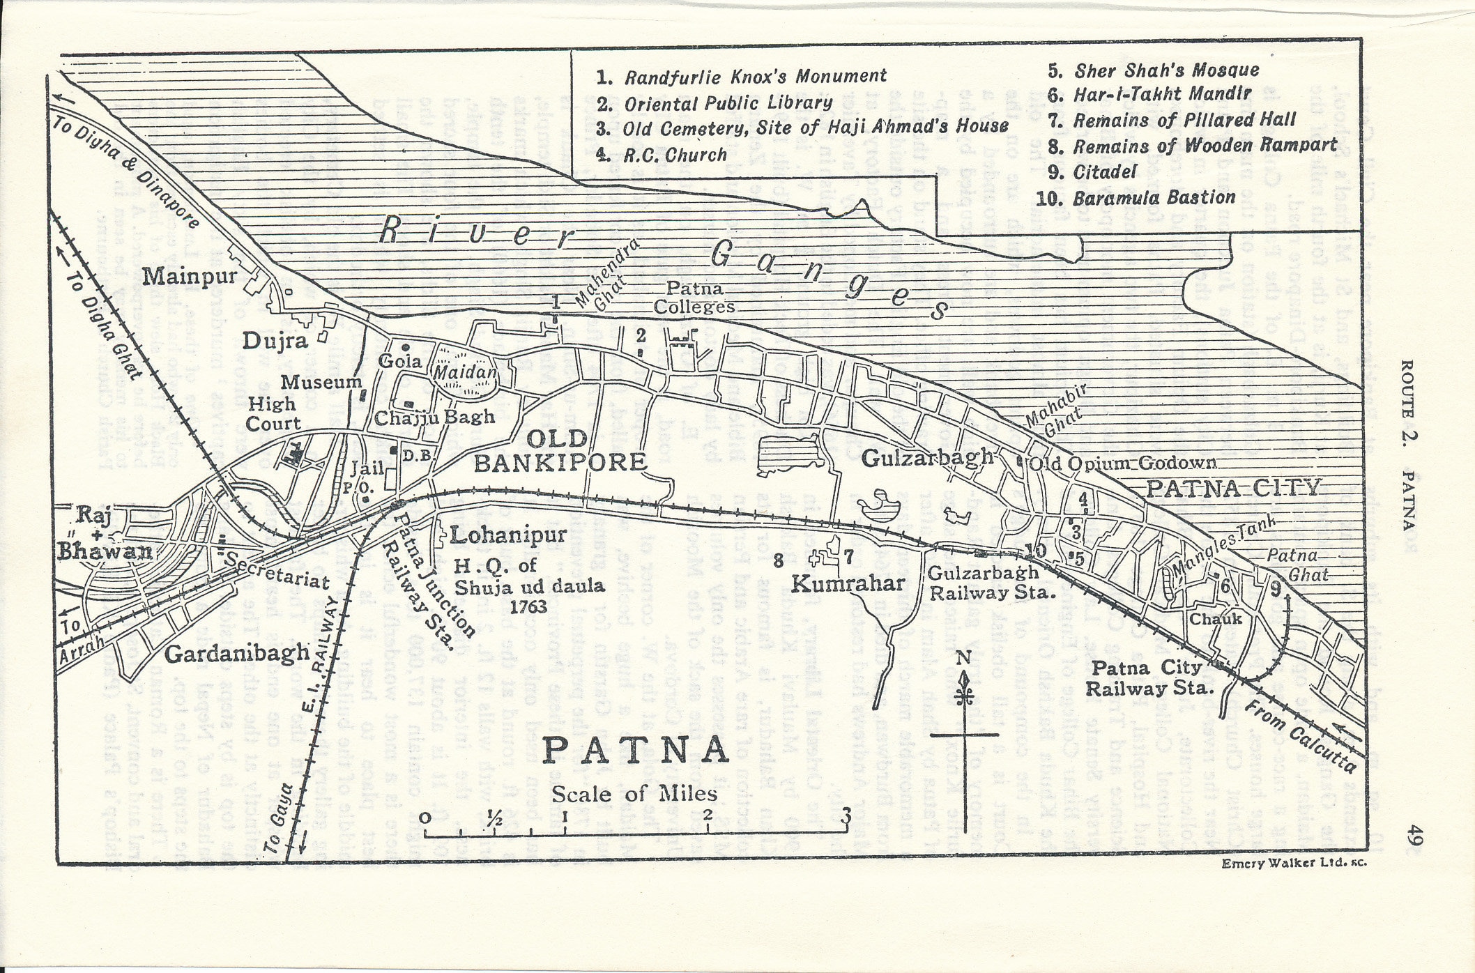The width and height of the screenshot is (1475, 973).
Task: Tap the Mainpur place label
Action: [190, 277]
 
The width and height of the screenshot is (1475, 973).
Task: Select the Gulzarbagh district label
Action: [927, 457]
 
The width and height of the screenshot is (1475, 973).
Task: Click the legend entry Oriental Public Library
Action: [728, 104]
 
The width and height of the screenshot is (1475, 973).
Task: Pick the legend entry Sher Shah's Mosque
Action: [1166, 70]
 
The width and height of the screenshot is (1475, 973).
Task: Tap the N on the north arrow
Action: [963, 657]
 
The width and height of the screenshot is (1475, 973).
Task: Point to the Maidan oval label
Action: [465, 374]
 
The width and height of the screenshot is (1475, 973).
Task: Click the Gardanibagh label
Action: [238, 653]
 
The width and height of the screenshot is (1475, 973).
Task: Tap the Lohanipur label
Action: [507, 535]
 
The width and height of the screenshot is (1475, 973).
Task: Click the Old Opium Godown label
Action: [1123, 463]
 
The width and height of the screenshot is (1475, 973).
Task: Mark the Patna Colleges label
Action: [694, 298]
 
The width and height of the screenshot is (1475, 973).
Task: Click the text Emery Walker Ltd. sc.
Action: [1294, 863]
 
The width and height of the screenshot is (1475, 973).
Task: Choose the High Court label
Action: [273, 413]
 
